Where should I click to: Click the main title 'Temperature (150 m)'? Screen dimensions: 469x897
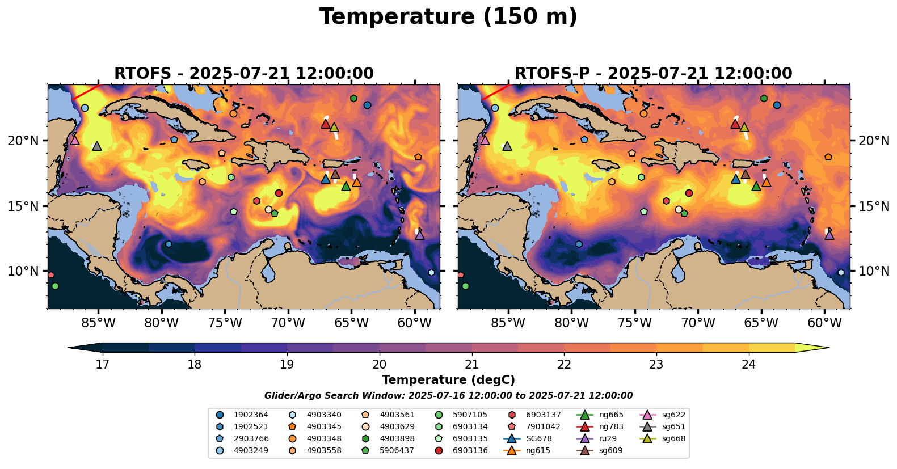448,17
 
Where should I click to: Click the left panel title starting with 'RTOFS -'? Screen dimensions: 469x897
244,74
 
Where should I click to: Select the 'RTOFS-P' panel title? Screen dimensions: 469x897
653,74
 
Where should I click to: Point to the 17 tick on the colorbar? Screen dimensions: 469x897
102,364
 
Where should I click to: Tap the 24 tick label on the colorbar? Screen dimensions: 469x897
748,364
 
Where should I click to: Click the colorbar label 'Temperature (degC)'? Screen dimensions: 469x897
448,380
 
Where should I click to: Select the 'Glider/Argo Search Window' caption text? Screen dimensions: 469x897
448,396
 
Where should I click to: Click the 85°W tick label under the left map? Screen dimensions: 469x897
98,323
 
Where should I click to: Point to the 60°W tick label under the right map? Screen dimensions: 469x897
824,323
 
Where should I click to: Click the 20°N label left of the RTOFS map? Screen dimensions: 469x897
23,141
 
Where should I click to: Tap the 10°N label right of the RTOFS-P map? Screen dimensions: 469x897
874,271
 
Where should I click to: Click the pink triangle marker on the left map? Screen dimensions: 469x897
74,140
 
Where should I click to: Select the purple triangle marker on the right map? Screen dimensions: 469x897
829,234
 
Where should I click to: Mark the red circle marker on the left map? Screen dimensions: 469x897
279,193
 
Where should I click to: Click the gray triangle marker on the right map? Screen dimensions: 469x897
507,146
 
